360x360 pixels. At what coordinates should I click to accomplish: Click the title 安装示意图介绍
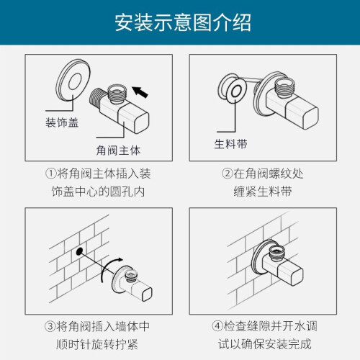(x=183, y=22)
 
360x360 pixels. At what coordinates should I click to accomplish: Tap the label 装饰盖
(x=62, y=122)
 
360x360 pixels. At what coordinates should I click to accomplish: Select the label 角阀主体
(x=118, y=150)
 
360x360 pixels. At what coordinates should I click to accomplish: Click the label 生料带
(x=230, y=144)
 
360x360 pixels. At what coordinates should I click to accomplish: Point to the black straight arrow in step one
(x=140, y=92)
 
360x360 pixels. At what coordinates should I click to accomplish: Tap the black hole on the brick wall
(x=79, y=251)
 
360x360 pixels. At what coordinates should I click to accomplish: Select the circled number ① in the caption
(x=50, y=174)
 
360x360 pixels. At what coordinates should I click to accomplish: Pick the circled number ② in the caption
(x=227, y=174)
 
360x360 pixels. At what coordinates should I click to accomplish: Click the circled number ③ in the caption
(x=50, y=326)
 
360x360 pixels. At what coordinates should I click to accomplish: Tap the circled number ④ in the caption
(x=217, y=326)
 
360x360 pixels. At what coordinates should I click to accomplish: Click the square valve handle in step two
(x=302, y=114)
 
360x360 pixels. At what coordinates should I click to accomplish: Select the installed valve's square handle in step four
(x=290, y=273)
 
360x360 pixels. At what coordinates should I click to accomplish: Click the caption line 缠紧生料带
(x=263, y=192)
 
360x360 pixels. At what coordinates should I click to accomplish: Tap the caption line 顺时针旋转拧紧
(x=97, y=344)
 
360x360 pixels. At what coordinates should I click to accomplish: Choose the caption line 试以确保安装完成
(x=265, y=344)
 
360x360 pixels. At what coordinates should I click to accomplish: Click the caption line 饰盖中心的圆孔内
(x=98, y=192)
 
